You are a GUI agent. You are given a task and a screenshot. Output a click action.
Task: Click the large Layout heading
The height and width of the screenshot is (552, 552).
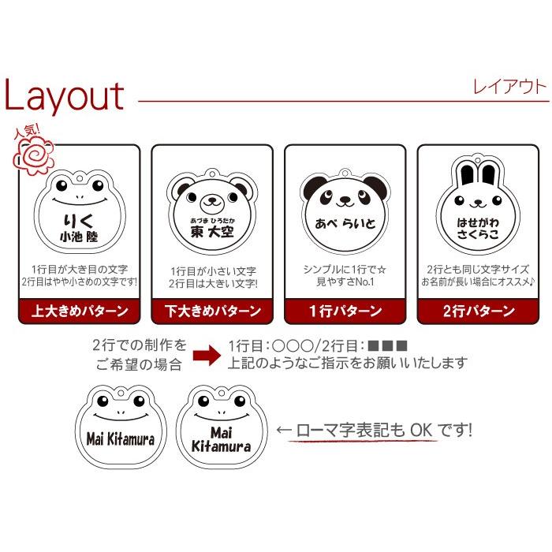click(65, 96)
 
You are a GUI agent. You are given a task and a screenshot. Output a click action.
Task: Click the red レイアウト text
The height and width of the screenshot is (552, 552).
click(509, 87)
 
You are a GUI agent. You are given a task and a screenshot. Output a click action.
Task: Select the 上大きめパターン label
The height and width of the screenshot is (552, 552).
click(80, 311)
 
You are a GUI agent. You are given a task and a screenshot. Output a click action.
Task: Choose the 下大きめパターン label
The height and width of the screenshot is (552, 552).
click(212, 311)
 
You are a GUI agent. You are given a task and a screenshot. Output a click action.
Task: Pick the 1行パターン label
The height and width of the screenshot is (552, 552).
click(345, 311)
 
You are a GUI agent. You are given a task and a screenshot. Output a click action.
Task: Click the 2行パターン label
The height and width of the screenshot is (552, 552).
click(477, 311)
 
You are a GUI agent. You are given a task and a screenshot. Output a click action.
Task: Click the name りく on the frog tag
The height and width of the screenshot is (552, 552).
click(78, 218)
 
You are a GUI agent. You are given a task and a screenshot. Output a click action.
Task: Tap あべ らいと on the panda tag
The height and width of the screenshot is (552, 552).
click(344, 223)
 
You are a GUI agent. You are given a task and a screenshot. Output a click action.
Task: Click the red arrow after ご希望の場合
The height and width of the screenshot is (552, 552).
click(207, 355)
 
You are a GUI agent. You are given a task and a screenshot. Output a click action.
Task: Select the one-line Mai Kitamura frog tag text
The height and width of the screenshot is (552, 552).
click(121, 438)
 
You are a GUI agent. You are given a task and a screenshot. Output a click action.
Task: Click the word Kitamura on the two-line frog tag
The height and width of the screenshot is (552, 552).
click(222, 447)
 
